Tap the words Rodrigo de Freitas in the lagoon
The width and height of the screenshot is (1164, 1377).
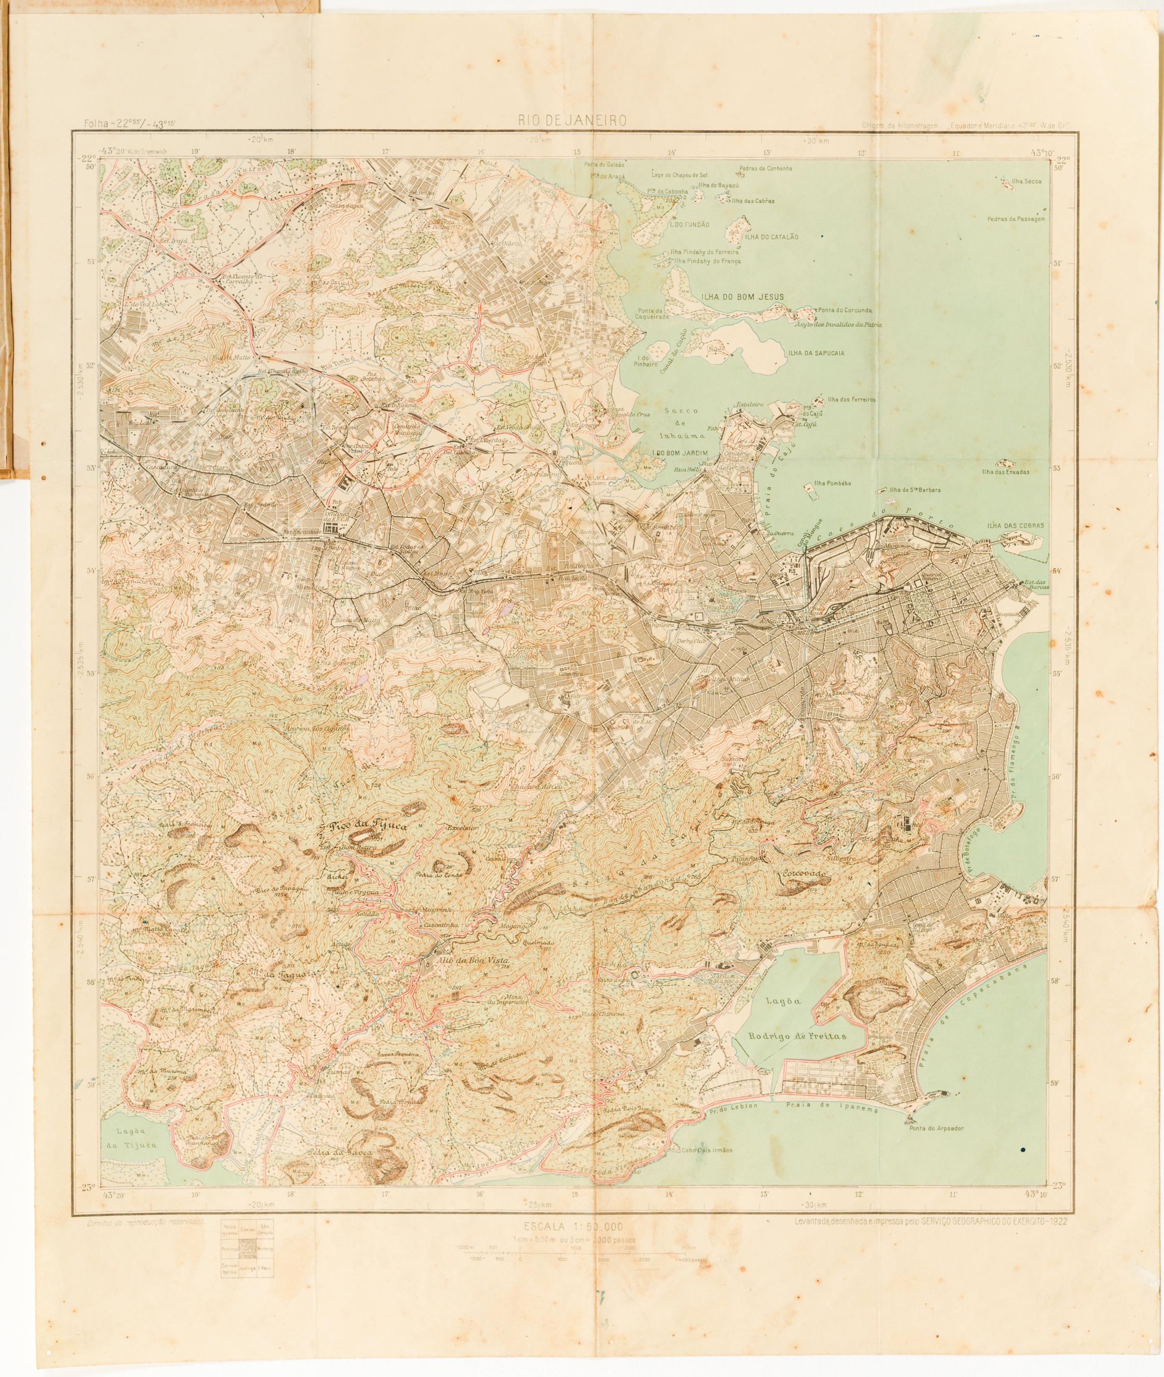pos(797,1037)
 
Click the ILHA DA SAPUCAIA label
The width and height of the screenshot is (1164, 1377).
pos(816,353)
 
